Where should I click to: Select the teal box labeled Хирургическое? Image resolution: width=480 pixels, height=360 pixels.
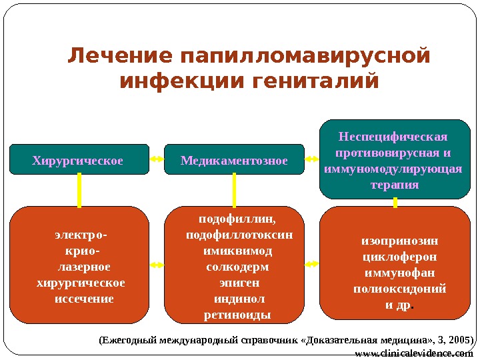click(79, 160)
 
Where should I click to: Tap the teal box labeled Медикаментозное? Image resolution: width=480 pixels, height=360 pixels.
click(234, 160)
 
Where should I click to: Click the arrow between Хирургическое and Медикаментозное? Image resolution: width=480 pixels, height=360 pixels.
click(157, 160)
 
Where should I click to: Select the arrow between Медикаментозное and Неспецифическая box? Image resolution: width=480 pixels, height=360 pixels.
click(311, 160)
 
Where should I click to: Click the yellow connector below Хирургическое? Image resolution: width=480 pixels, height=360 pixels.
click(79, 190)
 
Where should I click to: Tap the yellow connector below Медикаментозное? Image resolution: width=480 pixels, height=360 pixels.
click(234, 190)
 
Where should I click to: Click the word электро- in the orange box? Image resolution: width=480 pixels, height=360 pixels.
click(81, 235)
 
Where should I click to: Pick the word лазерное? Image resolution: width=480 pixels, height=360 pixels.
click(81, 267)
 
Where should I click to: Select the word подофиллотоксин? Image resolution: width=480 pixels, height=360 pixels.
click(239, 235)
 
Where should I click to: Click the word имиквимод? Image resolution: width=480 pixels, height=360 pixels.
click(237, 251)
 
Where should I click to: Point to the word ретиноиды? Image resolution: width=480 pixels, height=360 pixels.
click(237, 315)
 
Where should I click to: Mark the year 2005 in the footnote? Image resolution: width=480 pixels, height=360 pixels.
click(459, 340)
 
